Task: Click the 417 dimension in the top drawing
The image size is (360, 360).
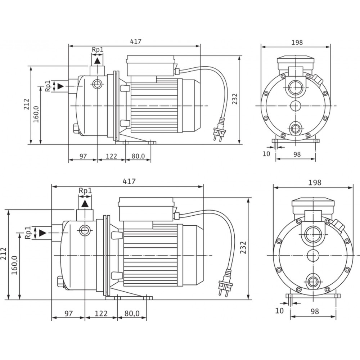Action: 136,41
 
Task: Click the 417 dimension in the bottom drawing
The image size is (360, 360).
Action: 129,181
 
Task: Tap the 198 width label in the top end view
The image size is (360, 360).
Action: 297,42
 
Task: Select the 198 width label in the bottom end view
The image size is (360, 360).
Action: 315,183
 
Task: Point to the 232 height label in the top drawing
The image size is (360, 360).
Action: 235,99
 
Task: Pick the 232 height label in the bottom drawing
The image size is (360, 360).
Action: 243,247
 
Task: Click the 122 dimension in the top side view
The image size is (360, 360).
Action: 111,156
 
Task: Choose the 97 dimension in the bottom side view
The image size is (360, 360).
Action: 68,314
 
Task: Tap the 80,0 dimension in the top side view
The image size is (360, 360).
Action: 138,156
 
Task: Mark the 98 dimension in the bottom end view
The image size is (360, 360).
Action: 315,311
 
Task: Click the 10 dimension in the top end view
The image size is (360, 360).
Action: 266,154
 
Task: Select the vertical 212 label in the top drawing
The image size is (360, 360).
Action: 27,104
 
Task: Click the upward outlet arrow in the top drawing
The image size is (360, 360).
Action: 97,61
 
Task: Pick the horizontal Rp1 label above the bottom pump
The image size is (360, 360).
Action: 85,191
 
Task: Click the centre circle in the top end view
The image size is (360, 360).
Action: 296,106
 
